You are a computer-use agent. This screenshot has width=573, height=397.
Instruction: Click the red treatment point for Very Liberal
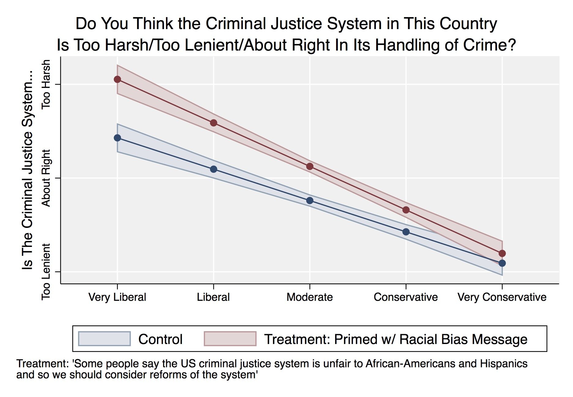[x=117, y=79]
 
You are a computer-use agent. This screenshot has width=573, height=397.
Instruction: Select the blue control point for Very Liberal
[x=117, y=138]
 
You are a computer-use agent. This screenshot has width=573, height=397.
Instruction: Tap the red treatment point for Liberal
[x=214, y=123]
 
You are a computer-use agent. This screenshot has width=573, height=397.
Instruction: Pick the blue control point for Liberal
[x=214, y=169]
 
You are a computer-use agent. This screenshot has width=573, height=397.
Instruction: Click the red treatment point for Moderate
[x=310, y=166]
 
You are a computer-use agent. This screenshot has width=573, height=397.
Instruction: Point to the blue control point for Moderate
[x=310, y=201]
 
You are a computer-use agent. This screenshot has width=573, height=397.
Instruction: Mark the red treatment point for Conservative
[x=406, y=210]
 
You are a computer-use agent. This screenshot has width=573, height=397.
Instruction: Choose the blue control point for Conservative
[x=406, y=232]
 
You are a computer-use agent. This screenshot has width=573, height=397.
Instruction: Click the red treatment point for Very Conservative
[x=502, y=253]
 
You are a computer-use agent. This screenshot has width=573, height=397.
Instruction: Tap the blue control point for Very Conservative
[x=502, y=263]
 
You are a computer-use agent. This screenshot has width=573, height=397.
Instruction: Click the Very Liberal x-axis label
[x=117, y=297]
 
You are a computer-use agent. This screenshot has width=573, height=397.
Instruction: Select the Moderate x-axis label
[x=309, y=297]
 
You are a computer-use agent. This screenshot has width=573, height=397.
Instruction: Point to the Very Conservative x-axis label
[x=502, y=297]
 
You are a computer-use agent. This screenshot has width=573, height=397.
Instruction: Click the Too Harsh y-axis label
[x=46, y=84]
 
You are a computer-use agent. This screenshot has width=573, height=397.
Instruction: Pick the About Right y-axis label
[x=46, y=178]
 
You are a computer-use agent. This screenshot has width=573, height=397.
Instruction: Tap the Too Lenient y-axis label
[x=46, y=272]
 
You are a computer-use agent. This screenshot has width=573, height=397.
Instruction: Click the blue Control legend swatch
[x=104, y=339]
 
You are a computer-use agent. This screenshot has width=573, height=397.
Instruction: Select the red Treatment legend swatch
[x=230, y=339]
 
